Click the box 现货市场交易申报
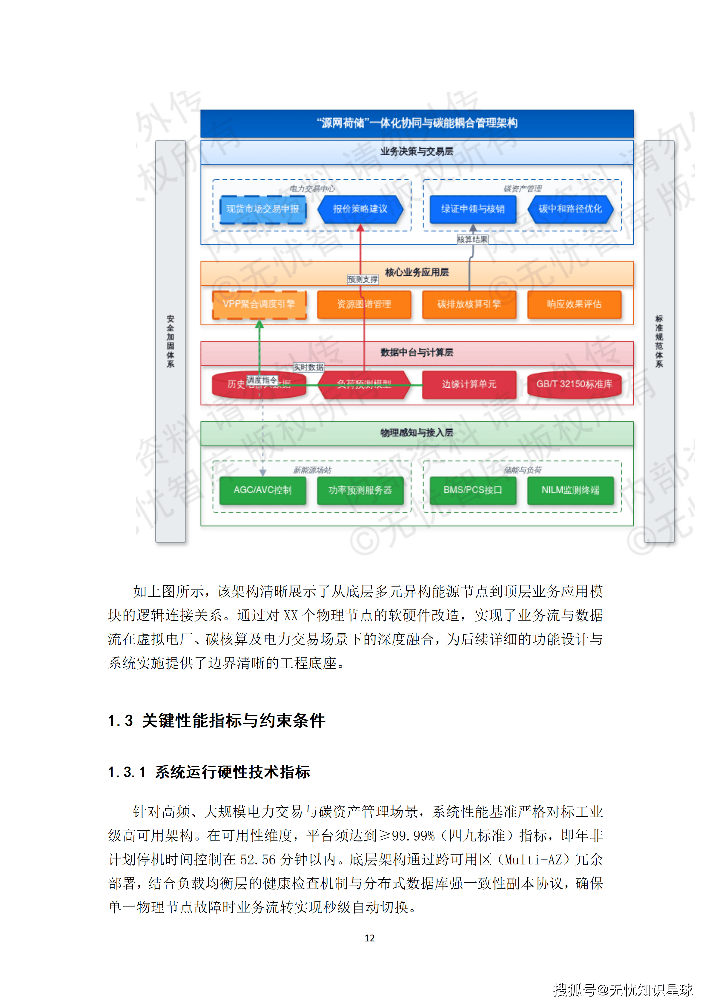[x=263, y=209]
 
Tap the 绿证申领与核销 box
[x=472, y=209]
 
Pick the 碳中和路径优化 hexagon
[x=570, y=209]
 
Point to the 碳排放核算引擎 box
[x=469, y=304]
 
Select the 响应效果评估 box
[x=574, y=304]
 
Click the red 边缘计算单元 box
[x=469, y=384]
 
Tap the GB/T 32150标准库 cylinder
[x=574, y=384]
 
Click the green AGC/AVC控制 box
[x=263, y=490]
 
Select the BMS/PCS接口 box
[x=472, y=490]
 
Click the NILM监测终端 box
[x=570, y=490]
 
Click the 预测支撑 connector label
[x=363, y=280]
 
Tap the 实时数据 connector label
[x=308, y=367]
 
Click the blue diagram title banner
[x=417, y=123]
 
